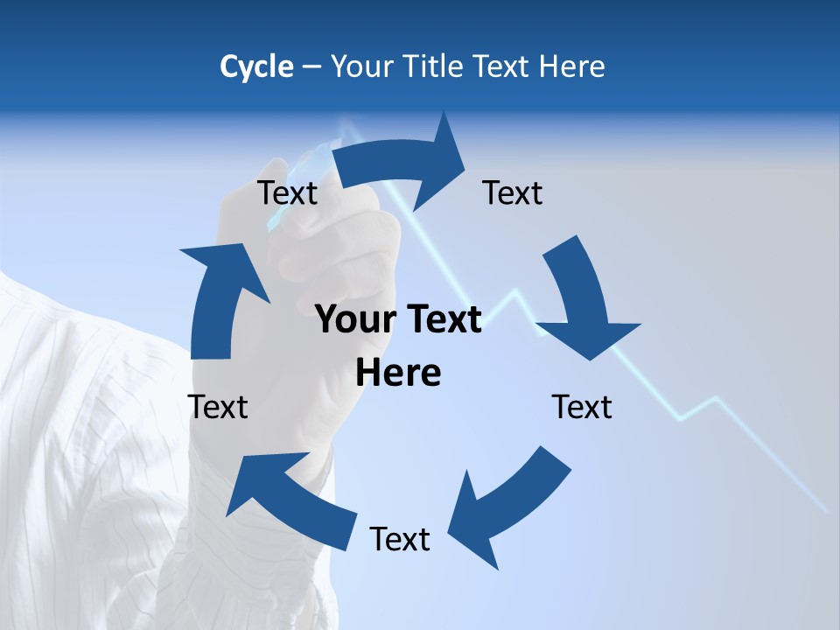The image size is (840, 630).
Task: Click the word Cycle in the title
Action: [x=256, y=66]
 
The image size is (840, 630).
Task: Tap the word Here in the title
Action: [x=571, y=66]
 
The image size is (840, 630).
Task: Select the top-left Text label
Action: [x=287, y=192]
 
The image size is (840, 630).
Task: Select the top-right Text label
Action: [x=512, y=192]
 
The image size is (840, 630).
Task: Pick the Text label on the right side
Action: [x=581, y=407]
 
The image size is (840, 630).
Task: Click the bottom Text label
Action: [x=399, y=539]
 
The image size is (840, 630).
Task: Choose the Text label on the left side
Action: [x=218, y=407]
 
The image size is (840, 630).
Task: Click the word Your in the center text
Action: [x=349, y=319]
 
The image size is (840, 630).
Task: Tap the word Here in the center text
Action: [x=398, y=374]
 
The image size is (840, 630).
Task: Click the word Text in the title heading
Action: [x=503, y=66]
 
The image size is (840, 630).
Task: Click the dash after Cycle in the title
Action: [x=311, y=66]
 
